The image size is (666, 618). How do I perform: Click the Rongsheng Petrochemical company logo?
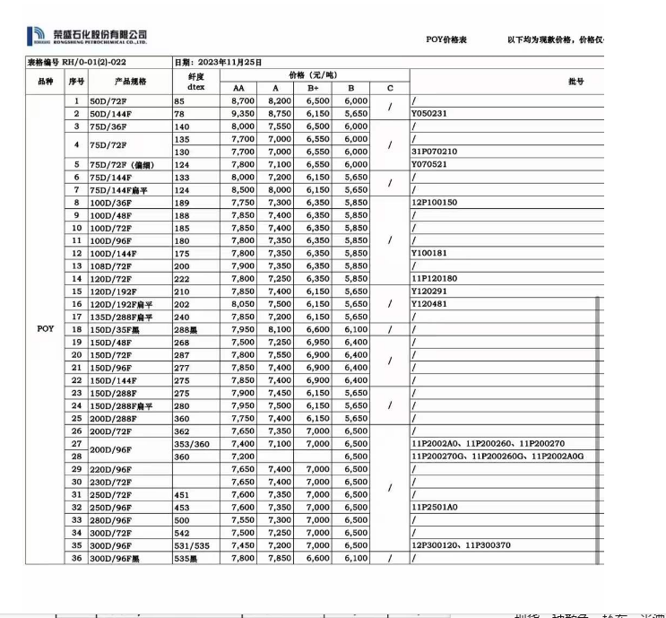click(x=88, y=36)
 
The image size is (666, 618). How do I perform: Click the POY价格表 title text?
click(x=446, y=39)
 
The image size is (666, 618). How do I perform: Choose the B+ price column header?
click(x=313, y=88)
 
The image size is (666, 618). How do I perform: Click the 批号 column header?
click(x=575, y=81)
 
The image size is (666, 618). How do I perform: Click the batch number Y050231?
click(x=429, y=114)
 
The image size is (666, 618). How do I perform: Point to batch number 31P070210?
click(x=434, y=152)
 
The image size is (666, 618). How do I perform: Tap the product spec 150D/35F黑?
click(x=114, y=329)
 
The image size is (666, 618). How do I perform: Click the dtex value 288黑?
click(x=187, y=329)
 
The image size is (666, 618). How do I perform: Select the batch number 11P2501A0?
click(x=434, y=507)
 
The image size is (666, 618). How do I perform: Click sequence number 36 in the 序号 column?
click(x=76, y=558)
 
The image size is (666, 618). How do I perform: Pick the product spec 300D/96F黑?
click(x=114, y=558)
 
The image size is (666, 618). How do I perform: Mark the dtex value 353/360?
click(x=192, y=444)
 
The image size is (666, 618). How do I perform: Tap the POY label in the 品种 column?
click(x=46, y=329)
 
